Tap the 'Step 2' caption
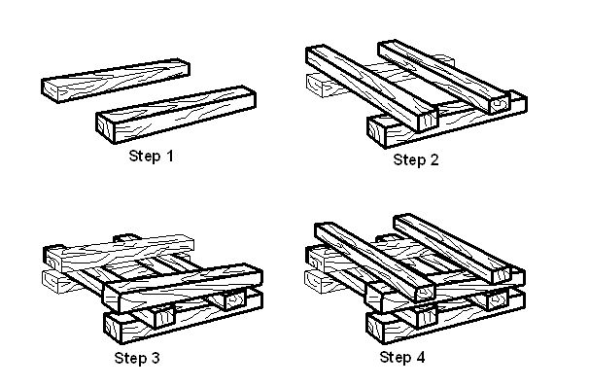(416, 159)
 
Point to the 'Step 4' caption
(401, 358)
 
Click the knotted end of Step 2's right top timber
(502, 101)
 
